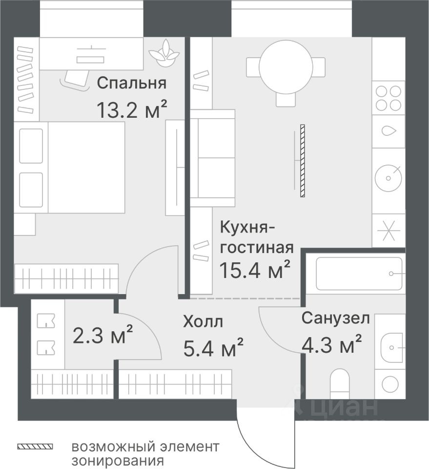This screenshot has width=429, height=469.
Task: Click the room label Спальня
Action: [x=131, y=83]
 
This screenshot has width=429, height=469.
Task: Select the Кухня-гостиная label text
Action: [x=257, y=237]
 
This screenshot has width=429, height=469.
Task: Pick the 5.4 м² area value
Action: [x=213, y=348]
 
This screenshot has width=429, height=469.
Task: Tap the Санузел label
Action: [x=335, y=319]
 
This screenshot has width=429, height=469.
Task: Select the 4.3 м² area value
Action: [x=331, y=345]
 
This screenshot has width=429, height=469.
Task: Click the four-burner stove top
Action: [x=388, y=98]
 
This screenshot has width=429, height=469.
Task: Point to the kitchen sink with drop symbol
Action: [x=388, y=131]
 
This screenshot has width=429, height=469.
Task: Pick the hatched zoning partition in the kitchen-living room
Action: [x=303, y=161]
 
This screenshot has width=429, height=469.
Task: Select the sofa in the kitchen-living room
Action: [x=212, y=158]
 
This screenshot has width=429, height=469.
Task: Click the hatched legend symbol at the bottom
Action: [x=35, y=447]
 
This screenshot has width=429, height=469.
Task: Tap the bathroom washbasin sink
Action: [x=392, y=344]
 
